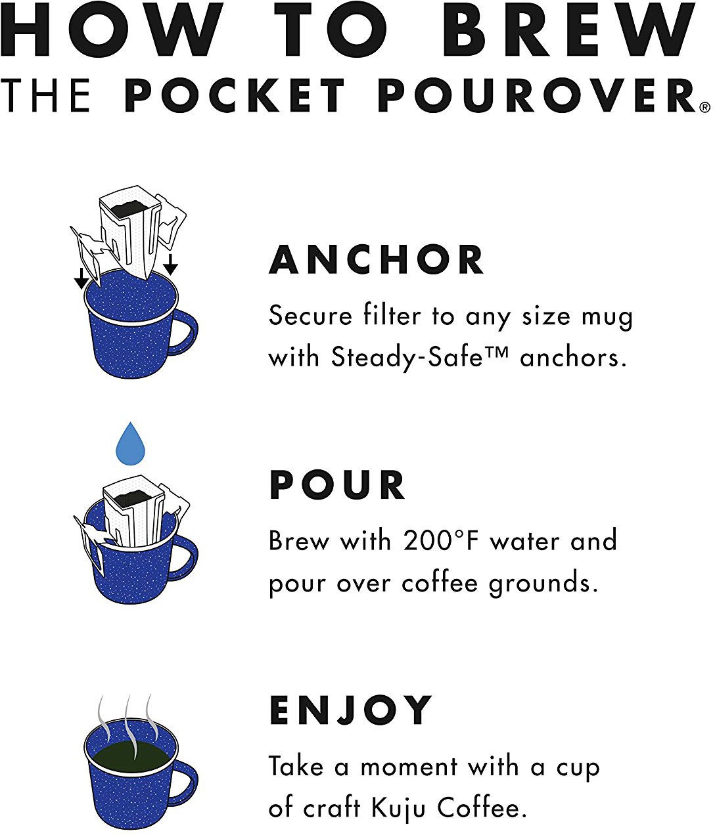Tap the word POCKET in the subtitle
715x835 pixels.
(235, 96)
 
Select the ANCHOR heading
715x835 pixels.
(376, 260)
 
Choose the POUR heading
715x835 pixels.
(337, 486)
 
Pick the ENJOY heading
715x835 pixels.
(351, 710)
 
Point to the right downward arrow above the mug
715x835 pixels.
(170, 265)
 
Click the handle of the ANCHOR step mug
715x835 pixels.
(186, 335)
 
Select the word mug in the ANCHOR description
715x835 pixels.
(609, 317)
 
